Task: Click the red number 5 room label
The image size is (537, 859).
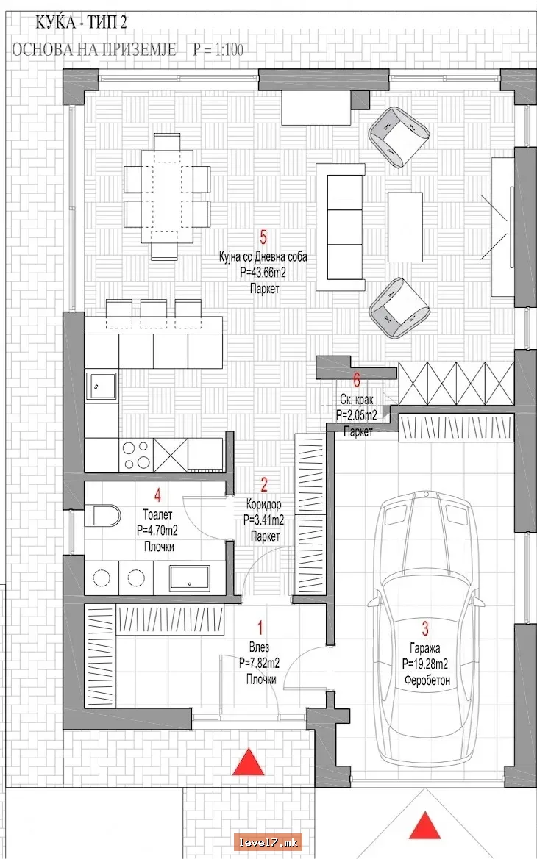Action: (x=263, y=238)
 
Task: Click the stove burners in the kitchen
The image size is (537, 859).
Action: (x=136, y=456)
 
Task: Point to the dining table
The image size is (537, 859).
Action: (x=167, y=197)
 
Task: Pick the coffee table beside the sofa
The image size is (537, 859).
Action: (x=405, y=227)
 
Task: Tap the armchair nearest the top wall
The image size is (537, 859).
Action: (x=399, y=136)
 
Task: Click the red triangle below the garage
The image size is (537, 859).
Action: (x=425, y=827)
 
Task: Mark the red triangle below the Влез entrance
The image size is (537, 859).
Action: (x=249, y=762)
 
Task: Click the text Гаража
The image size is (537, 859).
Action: (x=424, y=649)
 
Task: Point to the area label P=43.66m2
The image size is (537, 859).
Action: (x=263, y=272)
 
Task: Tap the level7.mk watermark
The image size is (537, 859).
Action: (x=268, y=841)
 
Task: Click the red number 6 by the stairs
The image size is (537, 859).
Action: (x=357, y=379)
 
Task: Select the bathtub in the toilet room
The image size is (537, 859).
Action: (x=189, y=578)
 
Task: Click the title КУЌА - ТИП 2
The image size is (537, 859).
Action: (x=82, y=22)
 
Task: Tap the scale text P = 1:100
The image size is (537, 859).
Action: (x=218, y=50)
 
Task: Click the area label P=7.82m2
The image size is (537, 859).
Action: (x=260, y=664)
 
